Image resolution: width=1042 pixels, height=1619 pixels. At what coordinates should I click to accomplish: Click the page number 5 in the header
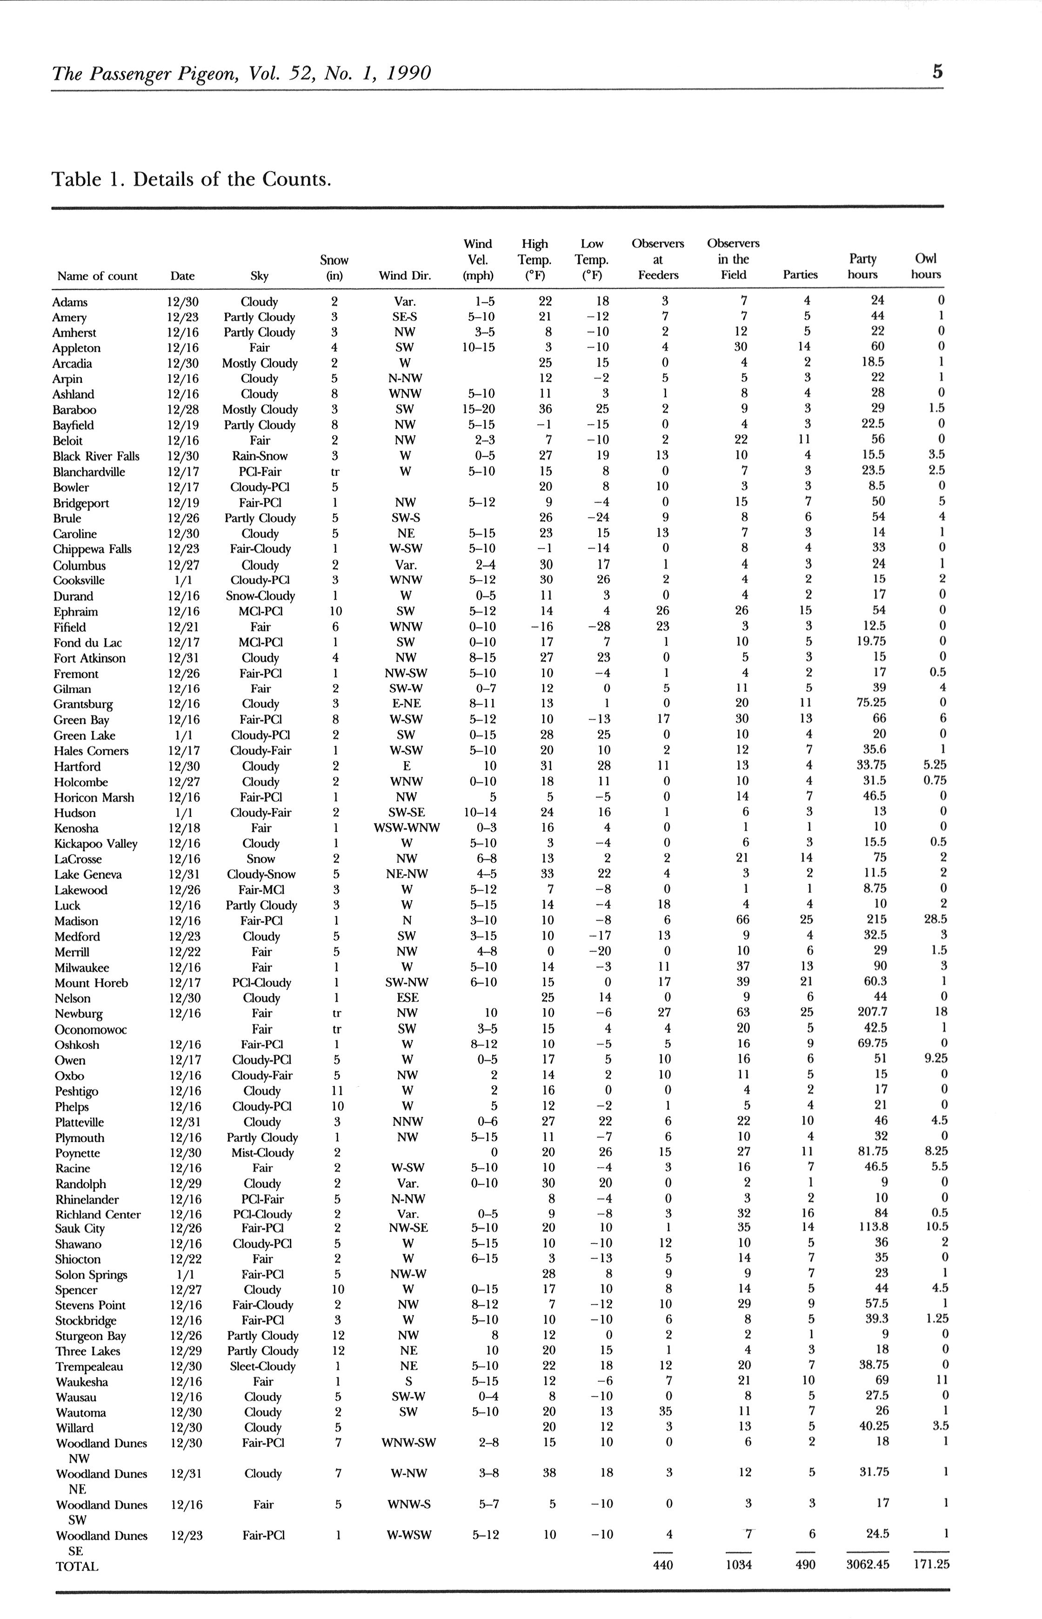[x=937, y=72]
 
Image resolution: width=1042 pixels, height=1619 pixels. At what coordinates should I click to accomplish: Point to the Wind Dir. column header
[x=404, y=275]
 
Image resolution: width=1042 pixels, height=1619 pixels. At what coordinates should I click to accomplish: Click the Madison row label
[x=76, y=921]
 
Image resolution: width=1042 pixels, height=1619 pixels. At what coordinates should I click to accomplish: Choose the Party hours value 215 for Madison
[x=878, y=919]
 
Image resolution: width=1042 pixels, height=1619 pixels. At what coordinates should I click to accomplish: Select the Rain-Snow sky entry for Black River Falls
[x=260, y=456]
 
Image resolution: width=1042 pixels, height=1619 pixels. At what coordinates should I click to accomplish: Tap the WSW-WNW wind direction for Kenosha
[x=407, y=828]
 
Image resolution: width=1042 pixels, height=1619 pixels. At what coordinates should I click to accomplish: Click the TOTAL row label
[x=76, y=1566]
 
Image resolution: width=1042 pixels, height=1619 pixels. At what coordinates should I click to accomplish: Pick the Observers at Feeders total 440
[x=662, y=1565]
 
